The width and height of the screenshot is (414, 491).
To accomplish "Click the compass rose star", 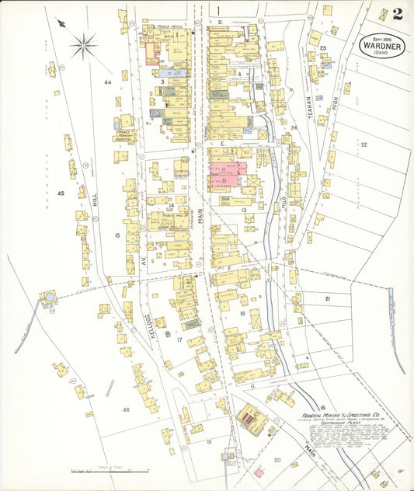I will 83,44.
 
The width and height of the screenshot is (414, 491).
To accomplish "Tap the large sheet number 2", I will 397,13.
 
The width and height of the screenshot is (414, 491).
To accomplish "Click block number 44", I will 107,82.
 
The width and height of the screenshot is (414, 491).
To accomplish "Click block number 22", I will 363,145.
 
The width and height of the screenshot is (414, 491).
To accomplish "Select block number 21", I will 327,298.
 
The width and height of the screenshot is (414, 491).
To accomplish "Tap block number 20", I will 277,460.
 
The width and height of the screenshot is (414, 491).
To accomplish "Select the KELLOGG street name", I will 160,330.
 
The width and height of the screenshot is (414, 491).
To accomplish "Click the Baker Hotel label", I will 168,26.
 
